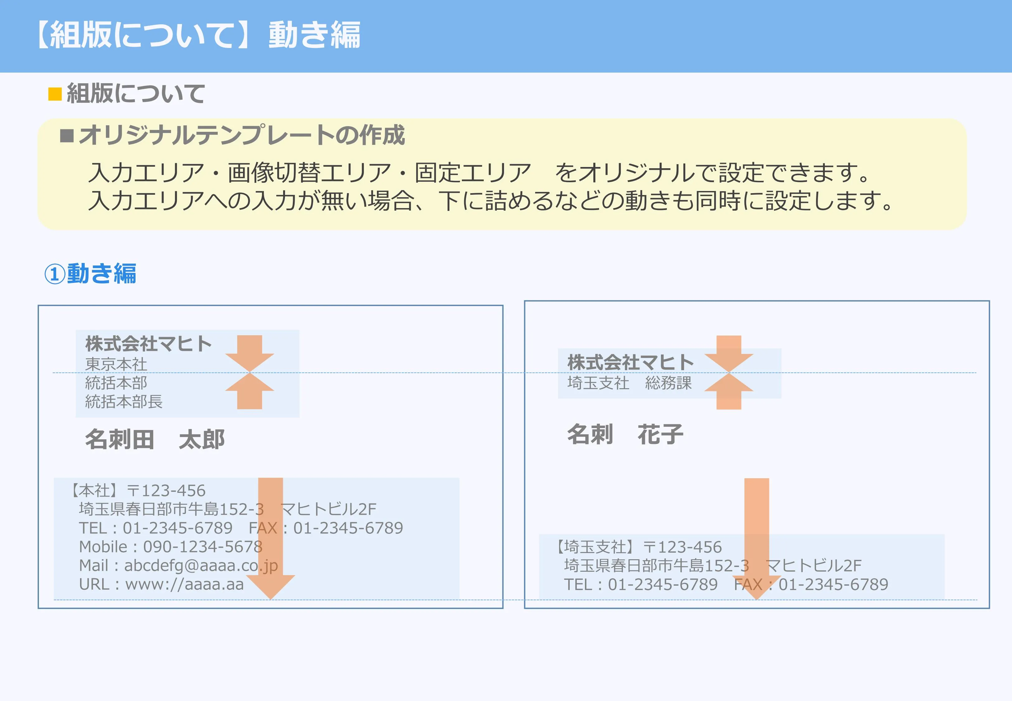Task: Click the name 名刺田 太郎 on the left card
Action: pos(154,439)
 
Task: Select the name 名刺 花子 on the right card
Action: pos(625,434)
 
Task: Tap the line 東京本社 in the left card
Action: pos(116,364)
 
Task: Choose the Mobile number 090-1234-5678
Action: pos(203,547)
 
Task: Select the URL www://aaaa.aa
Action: pos(184,584)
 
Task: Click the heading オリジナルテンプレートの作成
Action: pos(241,135)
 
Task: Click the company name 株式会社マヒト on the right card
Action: pos(630,363)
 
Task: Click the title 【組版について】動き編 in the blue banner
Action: pos(198,35)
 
